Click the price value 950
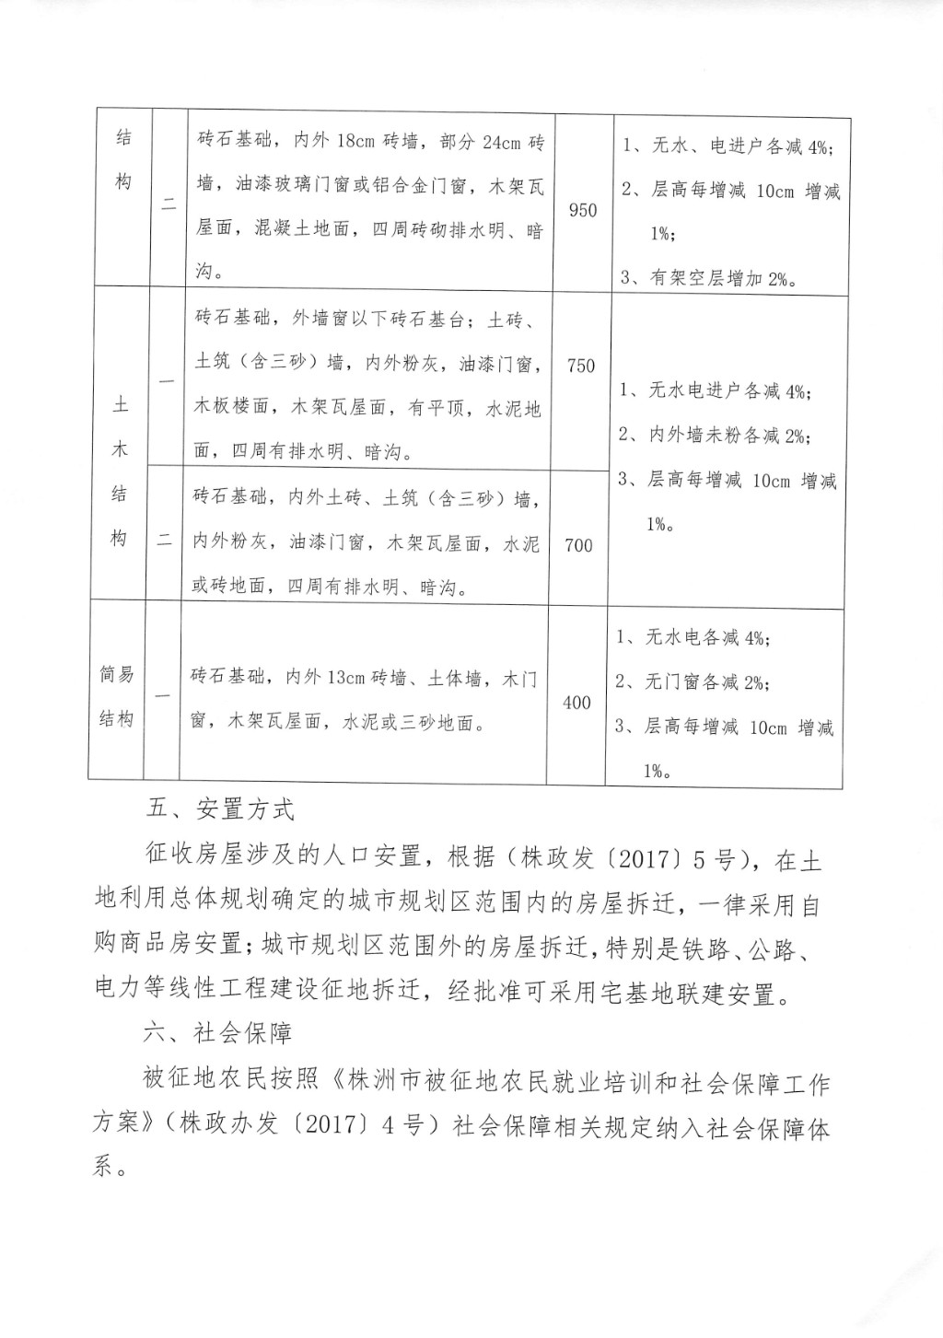(583, 211)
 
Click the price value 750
(581, 366)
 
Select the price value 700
(578, 546)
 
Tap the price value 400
(576, 704)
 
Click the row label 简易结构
(117, 696)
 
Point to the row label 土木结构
(120, 472)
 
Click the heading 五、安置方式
(220, 809)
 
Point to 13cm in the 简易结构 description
(346, 679)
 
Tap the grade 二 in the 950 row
(169, 206)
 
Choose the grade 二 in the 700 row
(164, 541)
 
